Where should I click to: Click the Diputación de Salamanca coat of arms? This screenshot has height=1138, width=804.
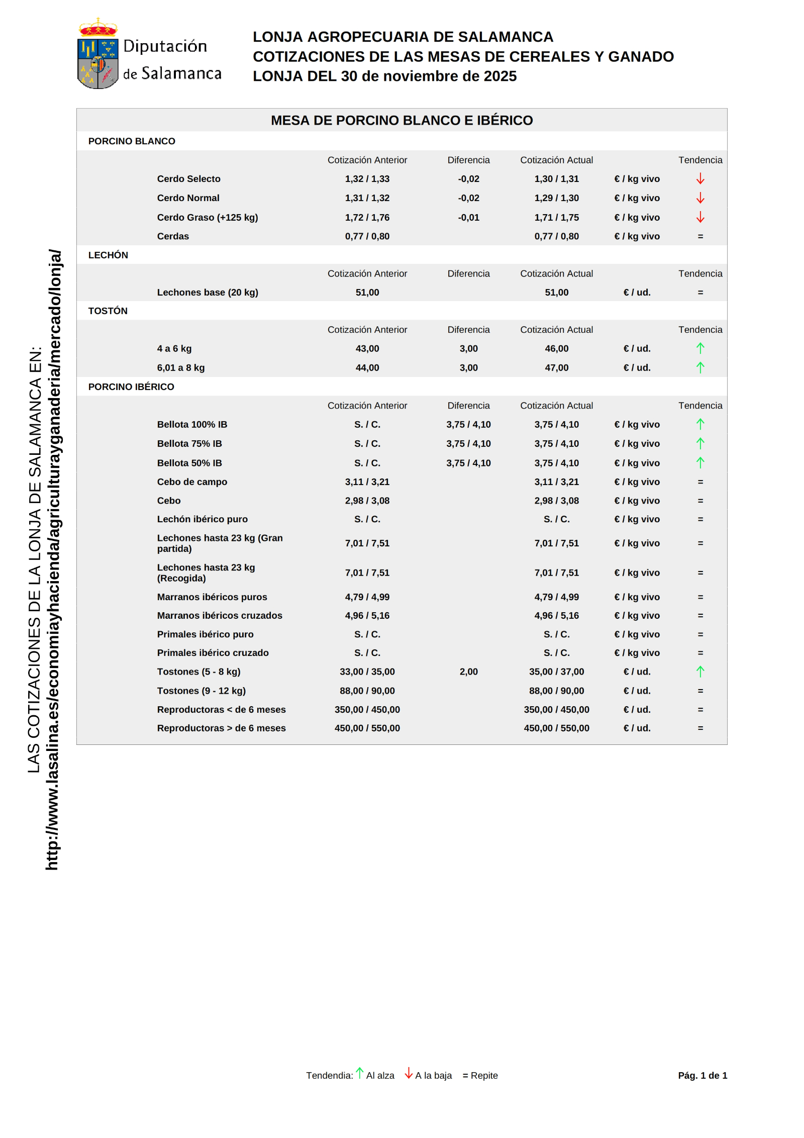pos(98,54)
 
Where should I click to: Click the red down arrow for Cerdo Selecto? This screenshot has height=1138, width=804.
pos(700,179)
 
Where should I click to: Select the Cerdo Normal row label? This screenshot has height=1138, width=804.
pos(188,198)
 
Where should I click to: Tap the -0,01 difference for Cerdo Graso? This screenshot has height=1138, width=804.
pos(468,218)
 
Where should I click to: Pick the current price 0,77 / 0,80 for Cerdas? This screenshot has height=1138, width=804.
pos(556,236)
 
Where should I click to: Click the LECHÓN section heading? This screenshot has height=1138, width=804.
pos(108,255)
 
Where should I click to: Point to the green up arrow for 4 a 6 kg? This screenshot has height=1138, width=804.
pos(700,348)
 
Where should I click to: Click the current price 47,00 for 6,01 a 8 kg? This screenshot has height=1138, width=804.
pos(556,368)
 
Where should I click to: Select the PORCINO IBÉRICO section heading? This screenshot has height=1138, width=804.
pos(131,387)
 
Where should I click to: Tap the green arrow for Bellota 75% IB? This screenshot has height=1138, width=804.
pos(700,443)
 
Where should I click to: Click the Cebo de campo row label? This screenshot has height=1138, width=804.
pos(192,482)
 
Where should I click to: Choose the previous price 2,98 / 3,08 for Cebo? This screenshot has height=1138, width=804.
pos(367,501)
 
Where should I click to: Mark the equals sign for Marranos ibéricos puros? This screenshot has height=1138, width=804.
pos(700,597)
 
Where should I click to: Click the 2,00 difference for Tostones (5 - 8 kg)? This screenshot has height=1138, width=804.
pos(468,672)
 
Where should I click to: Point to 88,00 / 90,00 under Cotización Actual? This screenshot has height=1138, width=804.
pos(556,691)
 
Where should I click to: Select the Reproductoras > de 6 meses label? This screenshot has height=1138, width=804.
pos(221,728)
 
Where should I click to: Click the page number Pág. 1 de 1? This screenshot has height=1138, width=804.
pos(702,1075)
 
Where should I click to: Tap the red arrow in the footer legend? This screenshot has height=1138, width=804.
pos(409,1073)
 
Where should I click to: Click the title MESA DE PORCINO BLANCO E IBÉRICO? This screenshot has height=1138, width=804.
pos(401,121)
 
